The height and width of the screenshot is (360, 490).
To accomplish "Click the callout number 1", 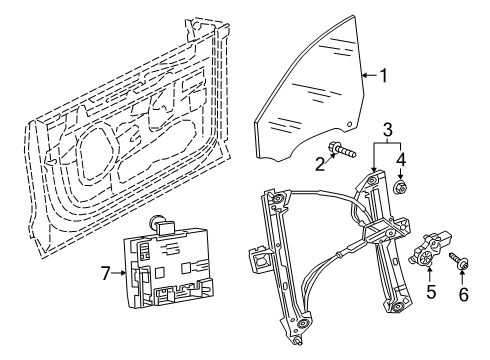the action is point(384,76).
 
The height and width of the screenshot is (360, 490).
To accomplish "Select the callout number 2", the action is point(320,164).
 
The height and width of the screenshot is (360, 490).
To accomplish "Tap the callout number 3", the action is point(388,130).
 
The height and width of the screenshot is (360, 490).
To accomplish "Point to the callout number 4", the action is point(401,159).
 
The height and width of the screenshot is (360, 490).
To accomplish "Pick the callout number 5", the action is point(431,291).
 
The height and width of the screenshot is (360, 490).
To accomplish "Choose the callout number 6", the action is point(464,295).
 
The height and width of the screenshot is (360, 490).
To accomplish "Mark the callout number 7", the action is point(105,274).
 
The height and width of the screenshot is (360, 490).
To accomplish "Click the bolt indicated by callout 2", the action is point(342,149).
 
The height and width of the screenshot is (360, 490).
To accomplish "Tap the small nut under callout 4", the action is point(400,186).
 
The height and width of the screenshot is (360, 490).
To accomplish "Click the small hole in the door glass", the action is point(349,124).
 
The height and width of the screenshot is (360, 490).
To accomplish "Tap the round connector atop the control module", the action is point(157,221).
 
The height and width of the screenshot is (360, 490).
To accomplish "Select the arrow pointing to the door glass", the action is point(369,76).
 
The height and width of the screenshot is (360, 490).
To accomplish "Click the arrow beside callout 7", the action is point(118,273).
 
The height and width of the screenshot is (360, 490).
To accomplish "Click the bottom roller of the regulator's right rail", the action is point(397,307).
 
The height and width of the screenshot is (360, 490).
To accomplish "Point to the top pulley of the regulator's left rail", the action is point(276,199).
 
